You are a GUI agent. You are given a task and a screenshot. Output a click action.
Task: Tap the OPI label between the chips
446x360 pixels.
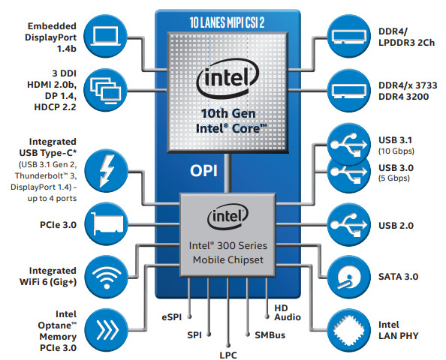click(x=203, y=171)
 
